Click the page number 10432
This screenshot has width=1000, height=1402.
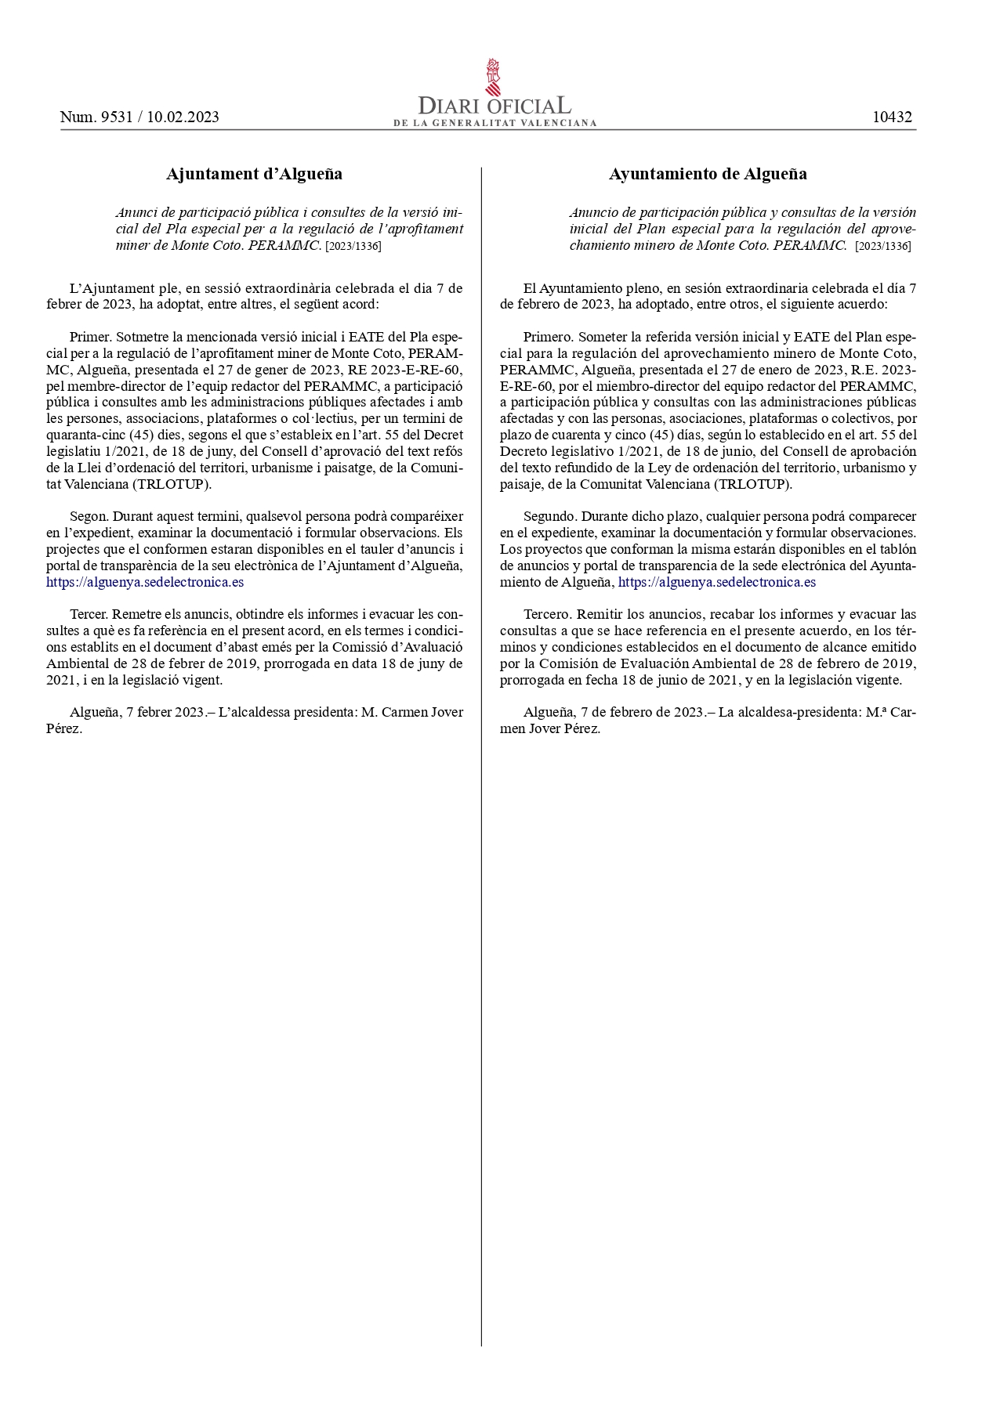892,117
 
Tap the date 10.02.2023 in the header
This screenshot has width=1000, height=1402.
183,117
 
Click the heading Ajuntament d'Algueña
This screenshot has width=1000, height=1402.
254,174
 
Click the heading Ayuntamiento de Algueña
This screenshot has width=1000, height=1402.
708,174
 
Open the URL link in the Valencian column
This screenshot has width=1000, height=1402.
145,582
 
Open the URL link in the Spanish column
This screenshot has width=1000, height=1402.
716,582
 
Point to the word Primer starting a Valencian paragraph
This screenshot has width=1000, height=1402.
90,337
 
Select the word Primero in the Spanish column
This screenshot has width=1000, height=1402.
548,337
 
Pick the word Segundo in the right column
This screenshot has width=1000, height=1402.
549,517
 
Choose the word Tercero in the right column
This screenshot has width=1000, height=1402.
548,614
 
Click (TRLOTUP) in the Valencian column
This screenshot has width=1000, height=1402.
172,484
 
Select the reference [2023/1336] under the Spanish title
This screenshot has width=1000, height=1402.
883,246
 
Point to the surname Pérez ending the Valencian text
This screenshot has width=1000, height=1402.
64,728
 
